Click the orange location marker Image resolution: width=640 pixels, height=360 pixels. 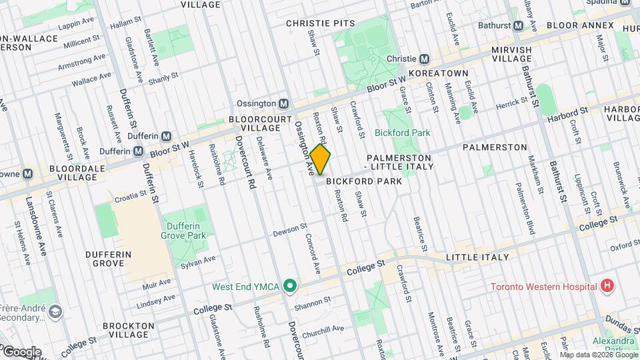pos(320,159)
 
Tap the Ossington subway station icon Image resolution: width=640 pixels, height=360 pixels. pos(284,104)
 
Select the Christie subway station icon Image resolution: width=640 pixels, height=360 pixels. pos(423,59)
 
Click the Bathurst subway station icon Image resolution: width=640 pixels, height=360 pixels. pos(518,26)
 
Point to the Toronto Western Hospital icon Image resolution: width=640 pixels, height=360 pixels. pos(607,287)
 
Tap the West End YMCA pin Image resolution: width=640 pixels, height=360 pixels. pos(290,287)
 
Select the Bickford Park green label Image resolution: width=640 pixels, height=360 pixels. pos(402,133)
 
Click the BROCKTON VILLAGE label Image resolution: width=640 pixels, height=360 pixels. pos(129,331)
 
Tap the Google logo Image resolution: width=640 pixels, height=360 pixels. pos(22,352)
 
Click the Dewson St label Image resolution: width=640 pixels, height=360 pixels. pos(289,230)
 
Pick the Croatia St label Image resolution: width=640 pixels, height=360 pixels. pos(129,195)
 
